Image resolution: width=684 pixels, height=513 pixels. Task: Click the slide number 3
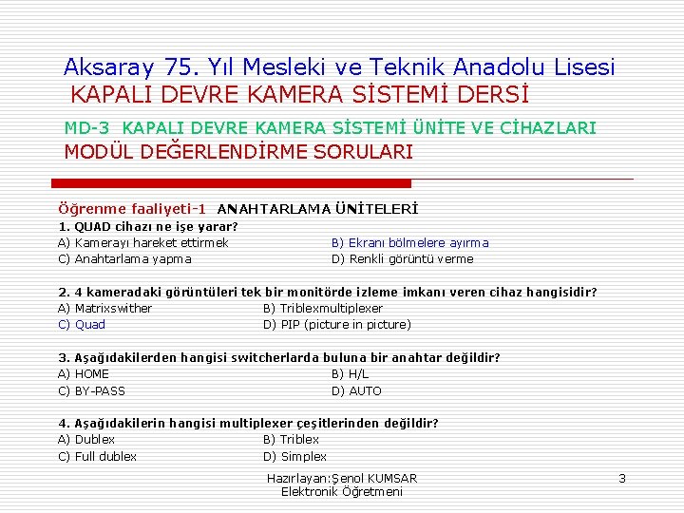621,478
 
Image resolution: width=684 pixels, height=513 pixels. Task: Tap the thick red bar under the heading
231,182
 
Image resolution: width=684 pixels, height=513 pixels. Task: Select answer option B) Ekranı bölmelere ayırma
409,242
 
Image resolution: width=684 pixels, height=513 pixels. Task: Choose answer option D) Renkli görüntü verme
402,258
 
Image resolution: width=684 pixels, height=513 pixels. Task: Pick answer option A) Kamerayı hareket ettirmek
143,242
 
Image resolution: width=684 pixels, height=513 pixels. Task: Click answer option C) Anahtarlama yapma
124,258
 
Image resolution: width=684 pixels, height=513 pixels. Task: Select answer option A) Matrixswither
105,308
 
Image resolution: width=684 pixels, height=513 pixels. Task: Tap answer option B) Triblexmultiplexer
322,308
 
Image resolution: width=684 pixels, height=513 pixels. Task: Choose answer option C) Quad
82,324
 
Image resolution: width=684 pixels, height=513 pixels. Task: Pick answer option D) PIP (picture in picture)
336,324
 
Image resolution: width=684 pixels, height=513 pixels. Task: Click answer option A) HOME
84,373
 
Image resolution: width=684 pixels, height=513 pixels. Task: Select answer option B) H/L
350,373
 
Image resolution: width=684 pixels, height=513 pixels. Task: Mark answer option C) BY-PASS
91,390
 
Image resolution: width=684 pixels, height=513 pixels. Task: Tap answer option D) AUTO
356,390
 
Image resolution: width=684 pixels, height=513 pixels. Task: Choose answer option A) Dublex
86,439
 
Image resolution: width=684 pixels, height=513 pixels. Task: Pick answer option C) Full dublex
97,456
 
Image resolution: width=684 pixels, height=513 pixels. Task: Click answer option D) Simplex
294,456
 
